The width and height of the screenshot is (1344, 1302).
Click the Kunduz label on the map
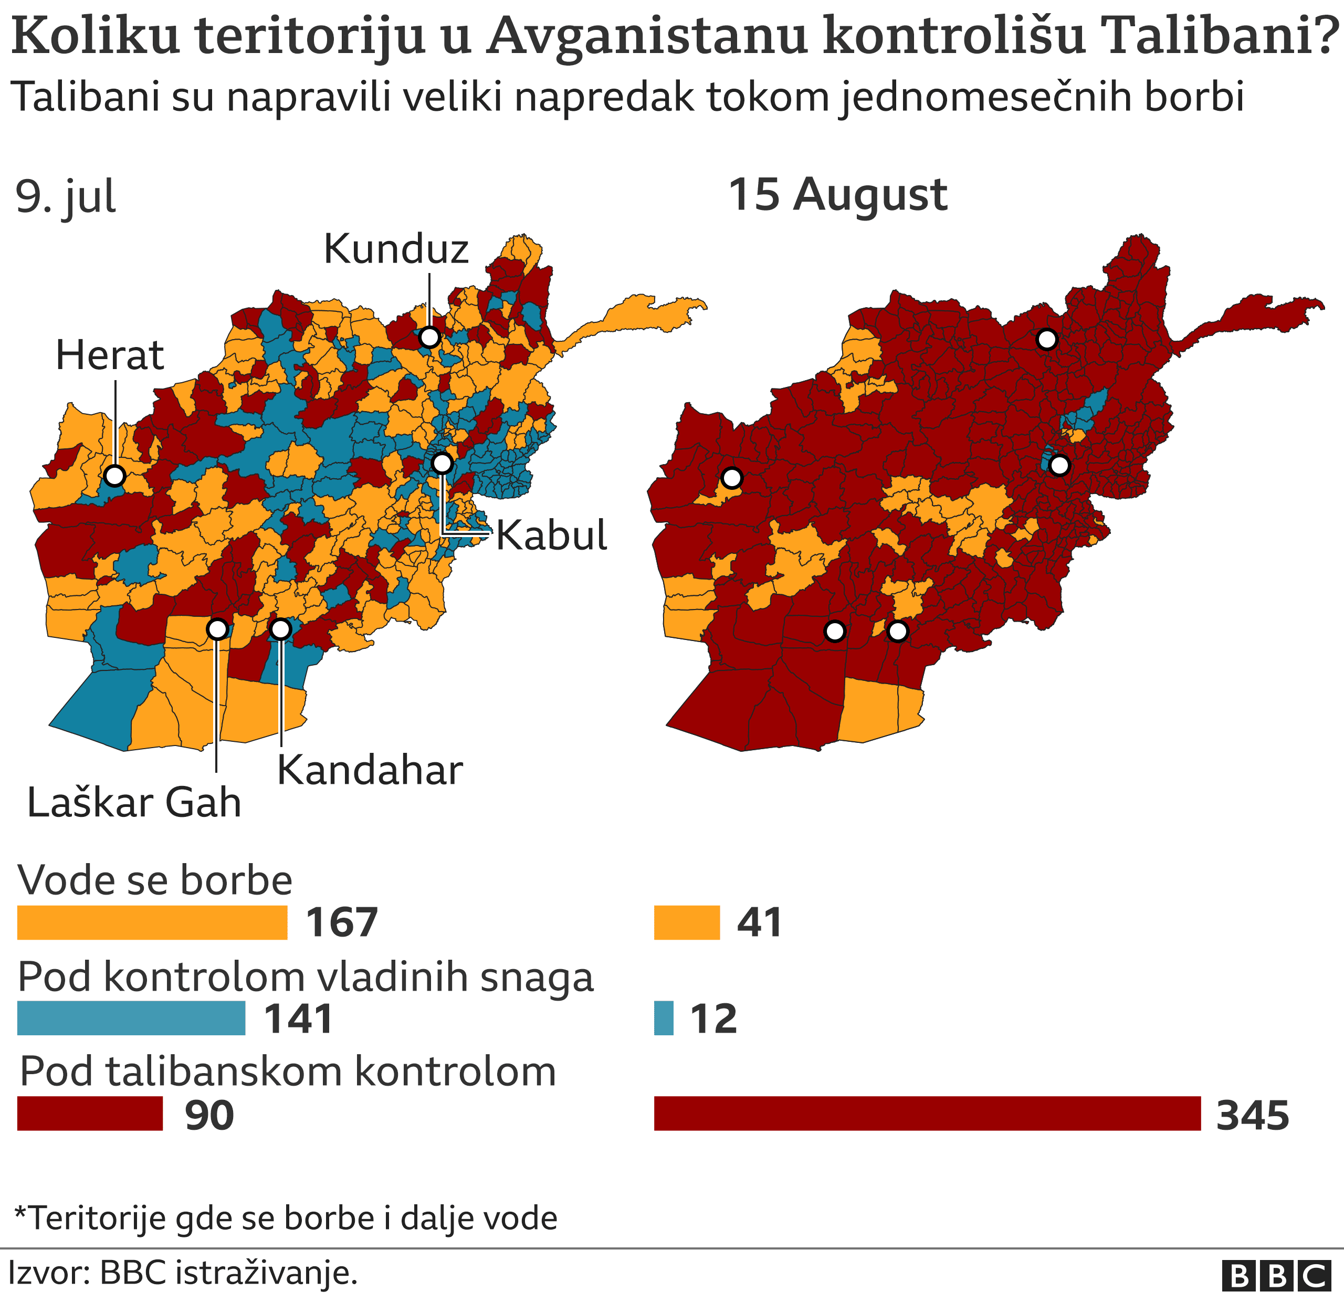(396, 249)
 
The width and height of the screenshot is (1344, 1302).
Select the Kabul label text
(551, 535)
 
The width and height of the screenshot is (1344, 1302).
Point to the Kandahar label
(370, 771)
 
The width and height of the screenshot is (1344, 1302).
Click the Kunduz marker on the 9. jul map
(429, 338)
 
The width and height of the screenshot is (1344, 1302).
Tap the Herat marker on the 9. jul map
(114, 475)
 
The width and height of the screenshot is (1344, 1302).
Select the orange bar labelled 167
(152, 923)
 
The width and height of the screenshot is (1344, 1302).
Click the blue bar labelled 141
(131, 1018)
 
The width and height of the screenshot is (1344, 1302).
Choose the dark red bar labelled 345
(927, 1114)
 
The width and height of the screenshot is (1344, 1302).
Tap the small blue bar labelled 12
(663, 1018)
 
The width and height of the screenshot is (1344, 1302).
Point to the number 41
(760, 923)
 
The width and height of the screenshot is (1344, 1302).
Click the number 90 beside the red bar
(209, 1116)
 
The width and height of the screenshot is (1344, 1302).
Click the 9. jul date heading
(66, 197)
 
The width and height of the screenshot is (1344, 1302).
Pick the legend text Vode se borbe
(155, 880)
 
